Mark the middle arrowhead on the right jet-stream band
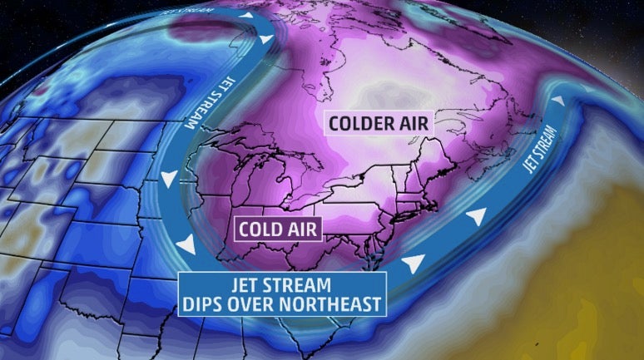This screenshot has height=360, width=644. (x=474, y=217)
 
